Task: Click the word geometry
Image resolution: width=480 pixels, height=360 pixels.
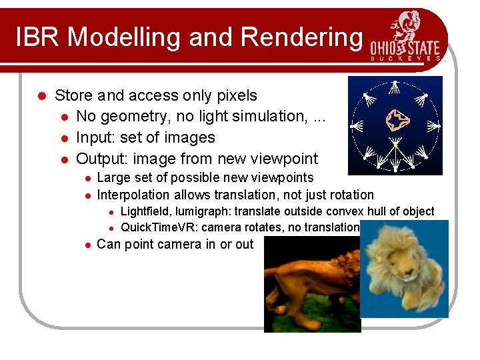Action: pyautogui.click(x=134, y=117)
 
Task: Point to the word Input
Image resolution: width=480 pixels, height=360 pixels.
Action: pyautogui.click(x=95, y=138)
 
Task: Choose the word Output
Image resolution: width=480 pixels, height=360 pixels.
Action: pyautogui.click(x=101, y=159)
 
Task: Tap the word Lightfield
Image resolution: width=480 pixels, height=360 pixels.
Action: pyautogui.click(x=147, y=211)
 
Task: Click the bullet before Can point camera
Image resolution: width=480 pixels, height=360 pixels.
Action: pyautogui.click(x=87, y=245)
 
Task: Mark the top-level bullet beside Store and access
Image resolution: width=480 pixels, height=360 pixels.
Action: pyautogui.click(x=41, y=96)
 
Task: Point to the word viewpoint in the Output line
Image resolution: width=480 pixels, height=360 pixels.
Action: pyautogui.click(x=285, y=159)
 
